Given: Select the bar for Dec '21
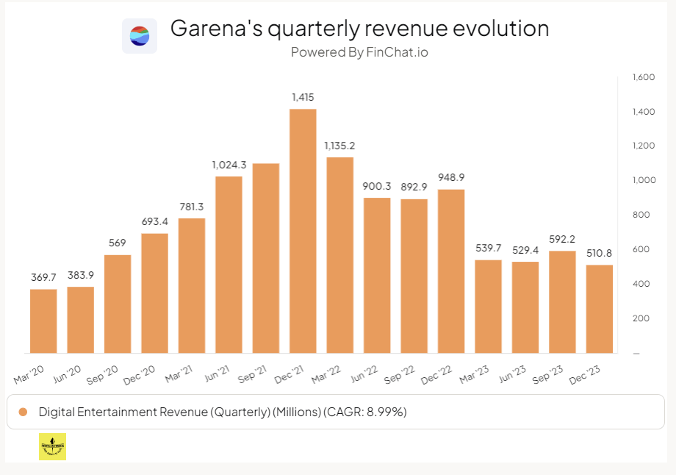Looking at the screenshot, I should pos(303,231).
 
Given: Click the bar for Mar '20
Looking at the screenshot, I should pos(43,321).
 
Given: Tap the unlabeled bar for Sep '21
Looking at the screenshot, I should pos(265,258).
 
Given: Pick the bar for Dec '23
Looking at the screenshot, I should pos(599,309).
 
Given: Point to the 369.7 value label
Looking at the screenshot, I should pos(43,276).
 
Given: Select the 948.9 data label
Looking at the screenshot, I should pos(450,177).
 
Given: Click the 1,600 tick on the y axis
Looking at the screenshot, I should pos(643,77).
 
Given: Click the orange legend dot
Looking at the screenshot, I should pos(23,412).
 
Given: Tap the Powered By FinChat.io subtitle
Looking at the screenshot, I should pos(359,52).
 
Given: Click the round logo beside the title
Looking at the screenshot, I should pos(140,35).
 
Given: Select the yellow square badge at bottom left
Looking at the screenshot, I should pos(52,447).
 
